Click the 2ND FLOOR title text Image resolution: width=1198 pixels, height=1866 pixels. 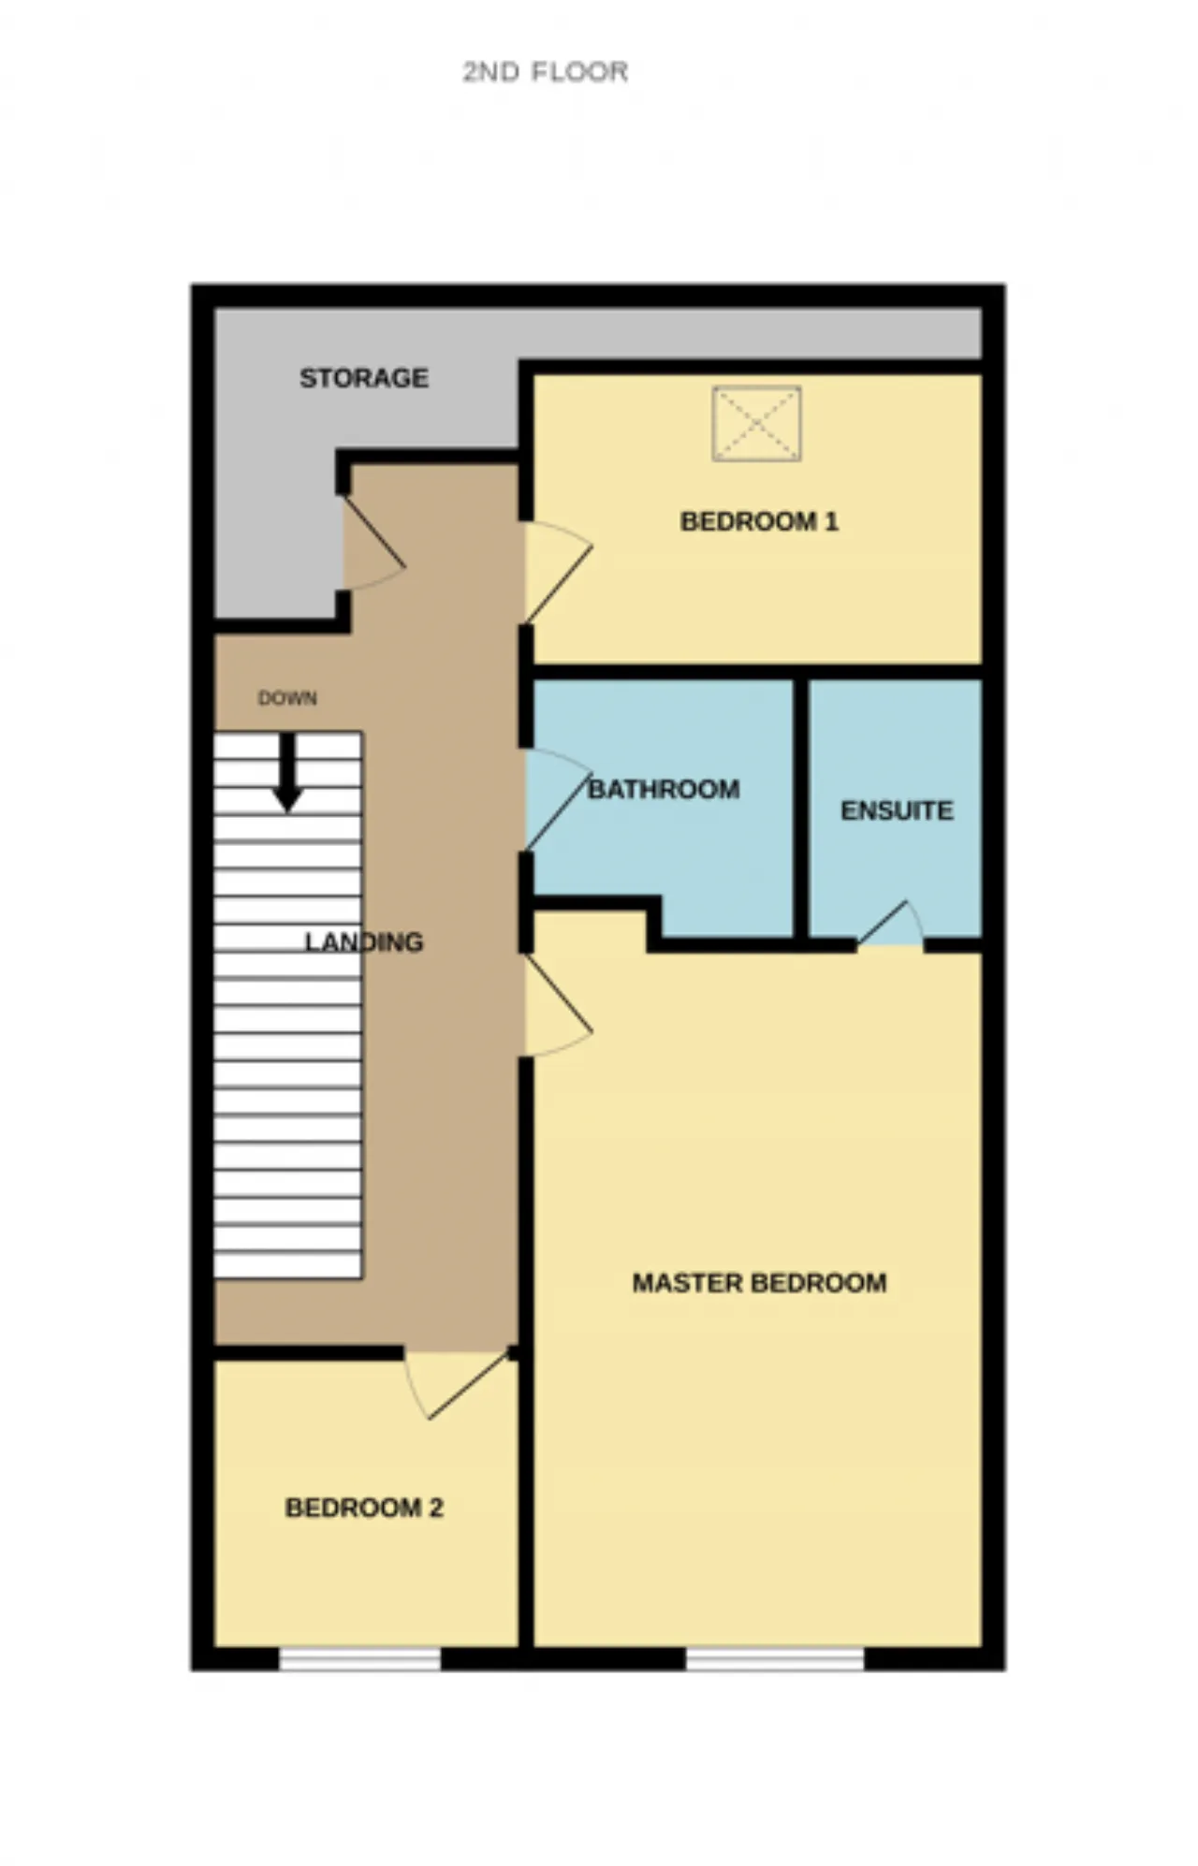[x=545, y=72]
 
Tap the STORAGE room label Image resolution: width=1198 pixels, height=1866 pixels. [x=364, y=378]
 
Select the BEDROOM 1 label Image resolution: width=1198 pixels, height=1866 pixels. [x=759, y=521]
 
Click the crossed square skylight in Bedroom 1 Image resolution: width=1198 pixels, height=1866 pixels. [x=756, y=423]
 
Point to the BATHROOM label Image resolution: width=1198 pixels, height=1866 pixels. [x=664, y=790]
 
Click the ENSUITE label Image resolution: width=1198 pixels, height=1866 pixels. [x=897, y=810]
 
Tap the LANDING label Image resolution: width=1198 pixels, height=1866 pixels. [x=364, y=942]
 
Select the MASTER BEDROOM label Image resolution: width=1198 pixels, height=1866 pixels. [x=759, y=1283]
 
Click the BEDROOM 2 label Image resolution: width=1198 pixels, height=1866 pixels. [x=364, y=1509]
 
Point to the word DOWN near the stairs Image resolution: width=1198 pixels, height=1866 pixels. [x=287, y=698]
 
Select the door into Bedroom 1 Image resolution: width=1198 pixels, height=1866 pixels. [x=558, y=572]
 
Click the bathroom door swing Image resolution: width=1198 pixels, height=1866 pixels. [x=558, y=799]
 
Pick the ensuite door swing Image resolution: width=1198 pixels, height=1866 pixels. [x=891, y=924]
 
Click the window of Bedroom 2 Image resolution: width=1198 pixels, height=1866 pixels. [x=360, y=1659]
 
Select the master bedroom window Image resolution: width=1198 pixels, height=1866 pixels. [x=775, y=1659]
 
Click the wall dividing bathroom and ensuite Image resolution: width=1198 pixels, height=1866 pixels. [x=801, y=809]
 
